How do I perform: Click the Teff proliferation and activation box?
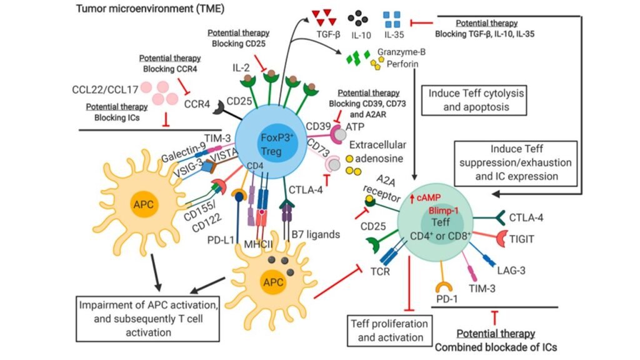(388, 331)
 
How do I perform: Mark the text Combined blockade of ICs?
(497, 345)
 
